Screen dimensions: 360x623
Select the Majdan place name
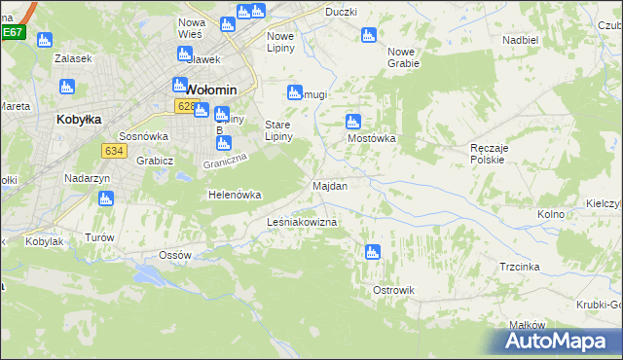click(330, 185)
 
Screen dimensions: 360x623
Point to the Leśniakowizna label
click(302, 223)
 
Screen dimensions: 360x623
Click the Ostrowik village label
click(393, 290)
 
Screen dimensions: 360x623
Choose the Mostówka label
click(372, 138)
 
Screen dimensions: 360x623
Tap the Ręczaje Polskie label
click(487, 153)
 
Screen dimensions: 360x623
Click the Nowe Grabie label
click(403, 57)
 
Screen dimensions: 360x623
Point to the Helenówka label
click(236, 195)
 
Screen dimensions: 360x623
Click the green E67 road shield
click(12, 32)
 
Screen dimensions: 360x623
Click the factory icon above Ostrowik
click(372, 253)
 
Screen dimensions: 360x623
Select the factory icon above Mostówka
click(353, 123)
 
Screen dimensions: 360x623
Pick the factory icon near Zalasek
click(43, 41)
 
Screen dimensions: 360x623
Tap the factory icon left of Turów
click(106, 199)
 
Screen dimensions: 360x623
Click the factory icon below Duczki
click(368, 36)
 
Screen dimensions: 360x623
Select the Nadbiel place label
click(521, 40)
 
